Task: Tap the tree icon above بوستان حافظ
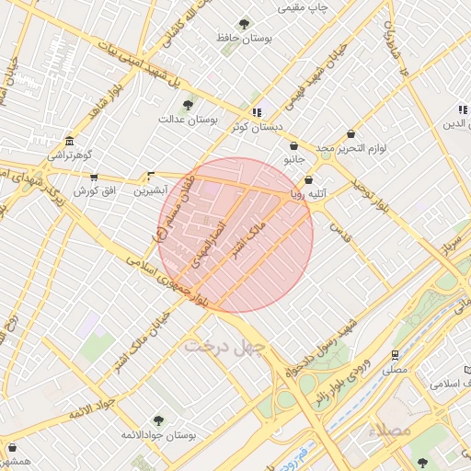[x=244, y=24]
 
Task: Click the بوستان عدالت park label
[x=188, y=119]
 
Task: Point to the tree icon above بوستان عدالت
[x=189, y=105]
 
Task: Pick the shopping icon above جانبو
[x=293, y=145]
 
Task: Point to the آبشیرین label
[x=151, y=190]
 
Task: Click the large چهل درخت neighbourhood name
[x=225, y=347]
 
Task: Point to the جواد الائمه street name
[x=93, y=408]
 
